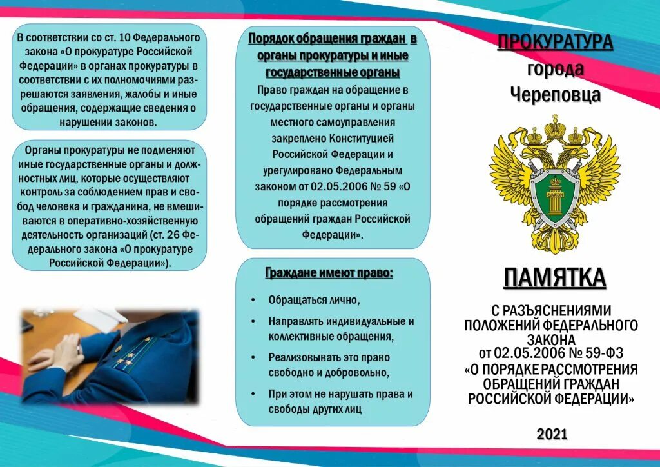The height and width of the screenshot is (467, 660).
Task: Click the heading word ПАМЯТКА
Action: (x=554, y=279)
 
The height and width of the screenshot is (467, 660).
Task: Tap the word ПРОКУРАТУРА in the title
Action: (x=554, y=44)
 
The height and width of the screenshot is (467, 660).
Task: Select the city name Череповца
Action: (x=555, y=95)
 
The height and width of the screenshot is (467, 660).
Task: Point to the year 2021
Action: (x=552, y=433)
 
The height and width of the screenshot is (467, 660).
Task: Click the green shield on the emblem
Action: (x=554, y=193)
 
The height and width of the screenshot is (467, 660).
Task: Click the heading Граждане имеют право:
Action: (x=329, y=273)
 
